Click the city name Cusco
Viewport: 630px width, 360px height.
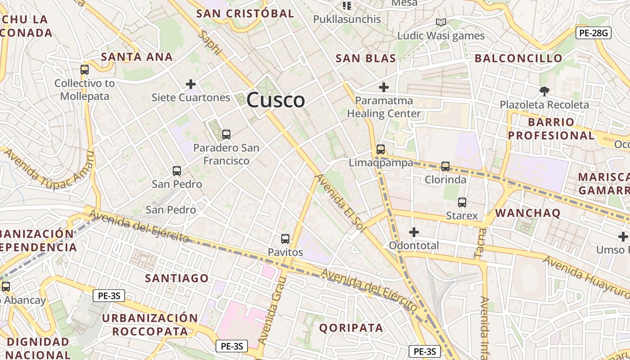tap(276, 100)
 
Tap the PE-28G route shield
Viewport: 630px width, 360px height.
tap(593, 32)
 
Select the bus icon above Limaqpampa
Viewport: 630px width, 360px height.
tap(381, 149)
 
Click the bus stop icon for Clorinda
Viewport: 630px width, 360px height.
tap(445, 166)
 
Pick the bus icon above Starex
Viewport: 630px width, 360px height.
tap(462, 202)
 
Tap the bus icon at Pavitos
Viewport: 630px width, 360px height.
tap(285, 239)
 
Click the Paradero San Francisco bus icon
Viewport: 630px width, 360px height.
tap(226, 134)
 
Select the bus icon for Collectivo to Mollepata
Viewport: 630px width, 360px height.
tap(85, 70)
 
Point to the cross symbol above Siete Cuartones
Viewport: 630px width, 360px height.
tap(191, 84)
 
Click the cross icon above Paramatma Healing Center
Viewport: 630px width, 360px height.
tap(384, 87)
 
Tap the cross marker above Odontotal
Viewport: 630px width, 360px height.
tap(414, 232)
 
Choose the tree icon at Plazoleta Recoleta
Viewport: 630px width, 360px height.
tap(544, 91)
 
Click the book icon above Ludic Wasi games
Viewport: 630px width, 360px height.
tap(441, 22)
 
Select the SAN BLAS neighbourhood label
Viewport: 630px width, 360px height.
tap(366, 58)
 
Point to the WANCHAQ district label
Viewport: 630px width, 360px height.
tap(527, 213)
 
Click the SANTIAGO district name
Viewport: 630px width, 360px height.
tap(176, 278)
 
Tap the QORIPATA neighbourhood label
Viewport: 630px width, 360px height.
tap(351, 328)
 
